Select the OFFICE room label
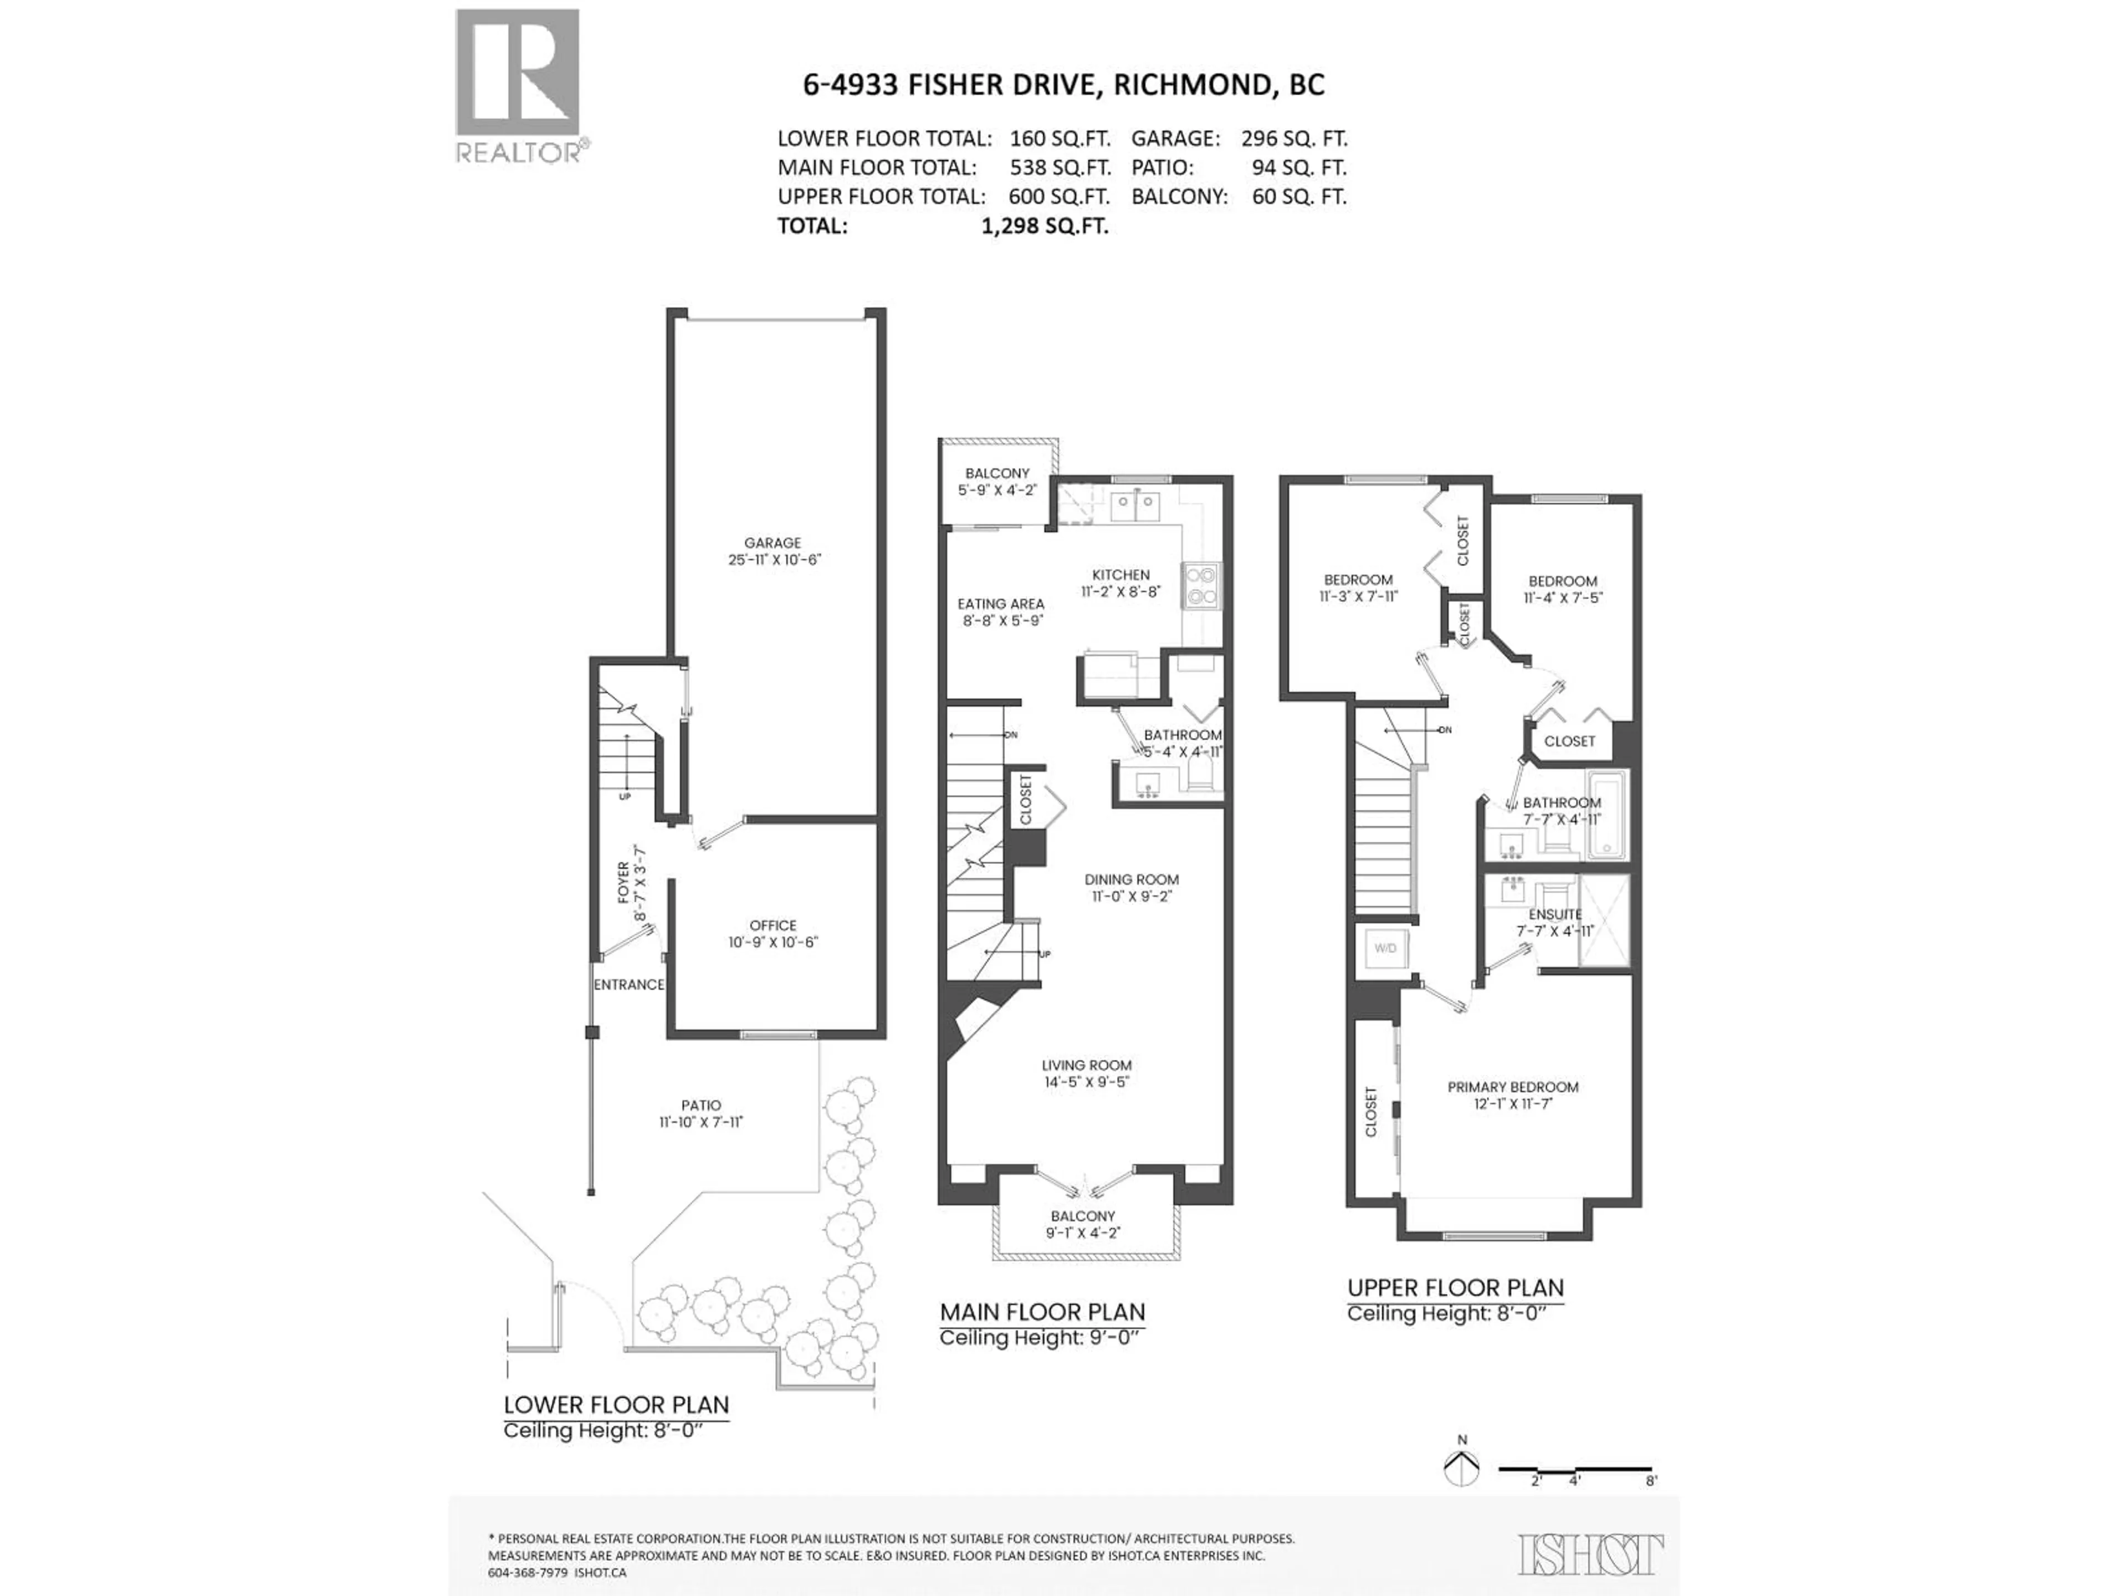[773, 925]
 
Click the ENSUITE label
[1554, 914]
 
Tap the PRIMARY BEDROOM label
[1512, 1087]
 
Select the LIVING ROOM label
[1086, 1065]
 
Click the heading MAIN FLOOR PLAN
[1042, 1312]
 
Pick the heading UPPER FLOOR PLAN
[1455, 1288]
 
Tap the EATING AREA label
[1000, 604]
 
